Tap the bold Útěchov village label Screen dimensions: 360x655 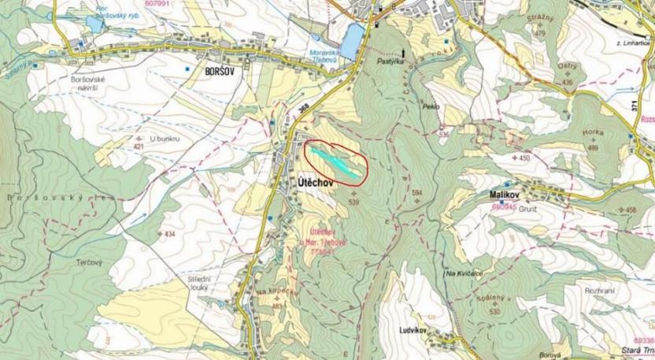[317, 181]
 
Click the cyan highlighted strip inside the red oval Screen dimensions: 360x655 [336, 160]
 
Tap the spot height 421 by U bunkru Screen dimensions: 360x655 [139, 147]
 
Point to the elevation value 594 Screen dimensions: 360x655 [416, 192]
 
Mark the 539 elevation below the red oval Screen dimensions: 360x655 [353, 202]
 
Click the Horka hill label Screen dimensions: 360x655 [593, 133]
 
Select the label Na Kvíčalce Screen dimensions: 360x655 [463, 273]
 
